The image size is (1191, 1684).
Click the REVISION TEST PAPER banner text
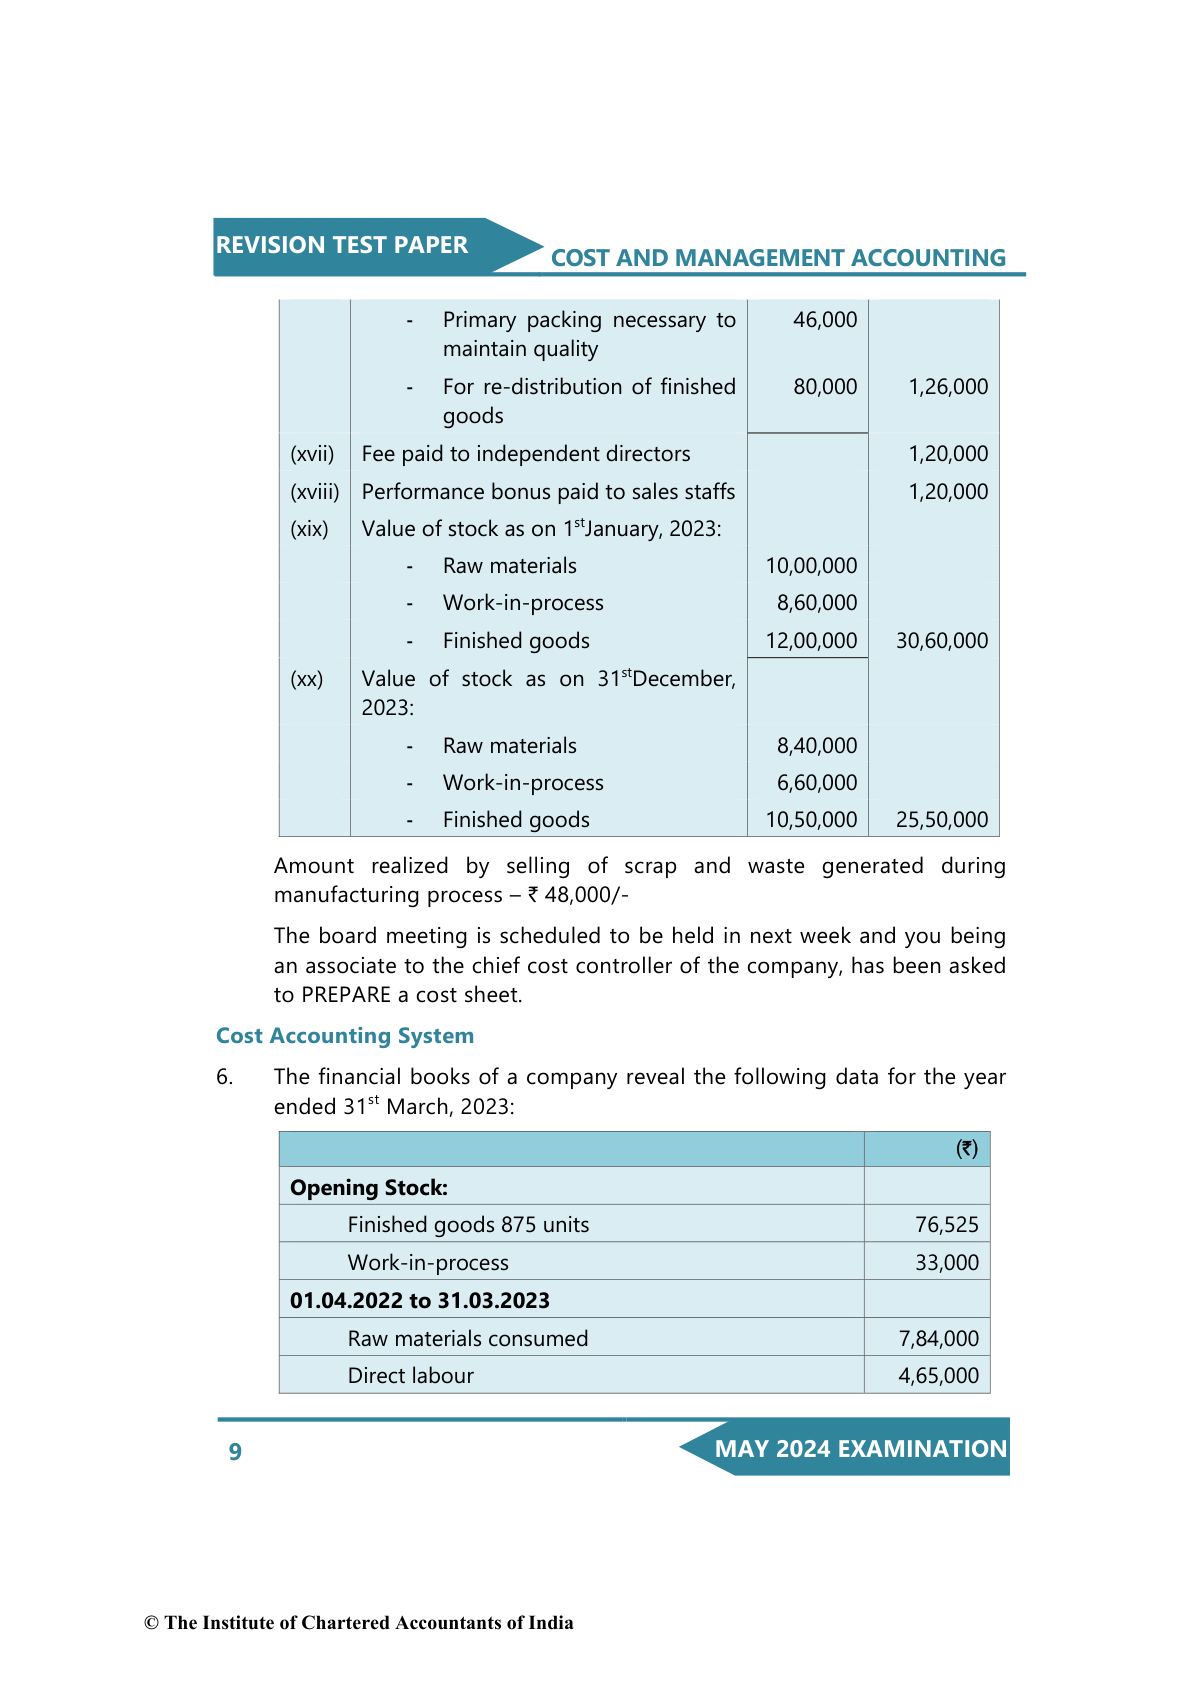(x=342, y=245)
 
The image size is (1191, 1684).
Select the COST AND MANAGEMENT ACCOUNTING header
(x=778, y=258)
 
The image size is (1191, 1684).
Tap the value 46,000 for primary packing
(x=825, y=320)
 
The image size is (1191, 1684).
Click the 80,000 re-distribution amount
(x=825, y=387)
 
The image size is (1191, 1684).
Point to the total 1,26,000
(x=948, y=387)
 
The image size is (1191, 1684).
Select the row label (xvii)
(x=312, y=454)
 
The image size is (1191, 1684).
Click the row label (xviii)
(x=315, y=492)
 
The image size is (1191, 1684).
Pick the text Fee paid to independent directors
(x=526, y=454)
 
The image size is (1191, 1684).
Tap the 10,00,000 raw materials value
(x=811, y=566)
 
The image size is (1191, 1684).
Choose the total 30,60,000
(x=942, y=641)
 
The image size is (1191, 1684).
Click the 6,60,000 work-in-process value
(x=817, y=783)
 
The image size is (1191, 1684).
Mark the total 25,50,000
(x=942, y=820)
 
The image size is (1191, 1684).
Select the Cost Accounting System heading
(x=345, y=1036)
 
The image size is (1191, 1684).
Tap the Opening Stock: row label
(x=369, y=1188)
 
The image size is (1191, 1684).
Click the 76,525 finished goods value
(x=947, y=1225)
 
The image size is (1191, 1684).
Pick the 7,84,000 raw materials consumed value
(x=939, y=1339)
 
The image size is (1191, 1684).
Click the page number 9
(x=235, y=1452)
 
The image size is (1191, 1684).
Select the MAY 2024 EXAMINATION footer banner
(x=860, y=1449)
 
